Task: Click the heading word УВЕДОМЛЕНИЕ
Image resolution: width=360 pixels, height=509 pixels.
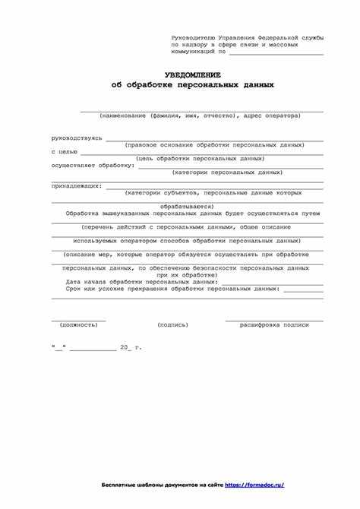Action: (192, 75)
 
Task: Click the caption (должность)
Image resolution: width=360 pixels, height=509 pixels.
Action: (78, 324)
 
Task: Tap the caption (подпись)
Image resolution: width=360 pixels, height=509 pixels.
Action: (172, 324)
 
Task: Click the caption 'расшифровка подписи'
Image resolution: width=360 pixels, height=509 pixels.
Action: (274, 324)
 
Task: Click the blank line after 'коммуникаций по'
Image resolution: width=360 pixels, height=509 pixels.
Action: (276, 53)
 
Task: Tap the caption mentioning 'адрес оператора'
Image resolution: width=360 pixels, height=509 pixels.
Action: (199, 116)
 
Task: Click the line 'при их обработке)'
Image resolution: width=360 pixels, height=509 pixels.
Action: (185, 274)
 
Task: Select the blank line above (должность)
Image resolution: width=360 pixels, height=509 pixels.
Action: (78, 319)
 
